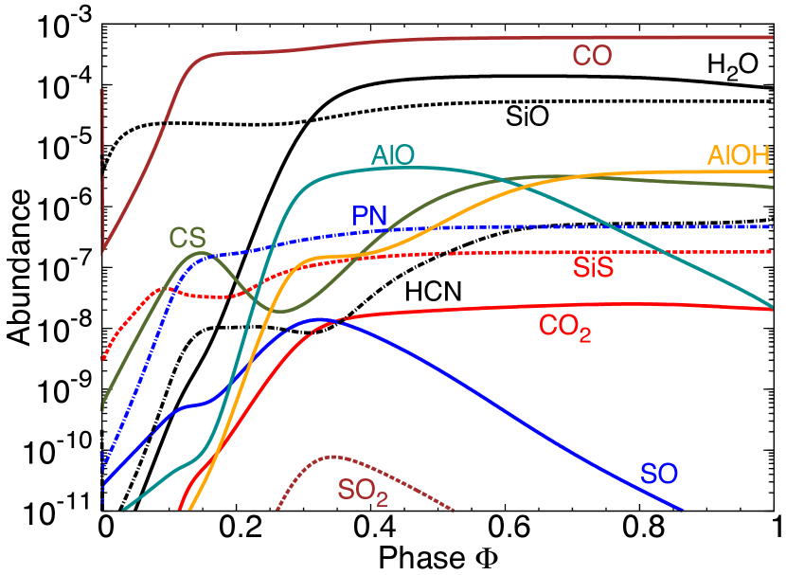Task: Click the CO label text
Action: (592, 57)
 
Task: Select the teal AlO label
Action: (393, 155)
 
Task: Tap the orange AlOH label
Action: (738, 155)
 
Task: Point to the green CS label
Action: (188, 237)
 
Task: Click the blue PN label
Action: (369, 216)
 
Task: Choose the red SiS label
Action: (593, 268)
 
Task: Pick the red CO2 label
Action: (564, 327)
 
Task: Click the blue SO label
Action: (659, 474)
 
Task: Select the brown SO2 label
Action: (363, 492)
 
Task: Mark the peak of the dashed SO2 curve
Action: (331, 456)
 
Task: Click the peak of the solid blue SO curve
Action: (319, 319)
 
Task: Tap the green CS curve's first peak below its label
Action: (199, 252)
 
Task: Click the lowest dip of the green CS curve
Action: (280, 311)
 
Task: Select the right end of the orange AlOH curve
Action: (773, 171)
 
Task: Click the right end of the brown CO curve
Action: (773, 37)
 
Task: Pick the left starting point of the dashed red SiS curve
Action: (101, 360)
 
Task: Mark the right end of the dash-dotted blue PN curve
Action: (773, 227)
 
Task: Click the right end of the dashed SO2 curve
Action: (456, 511)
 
